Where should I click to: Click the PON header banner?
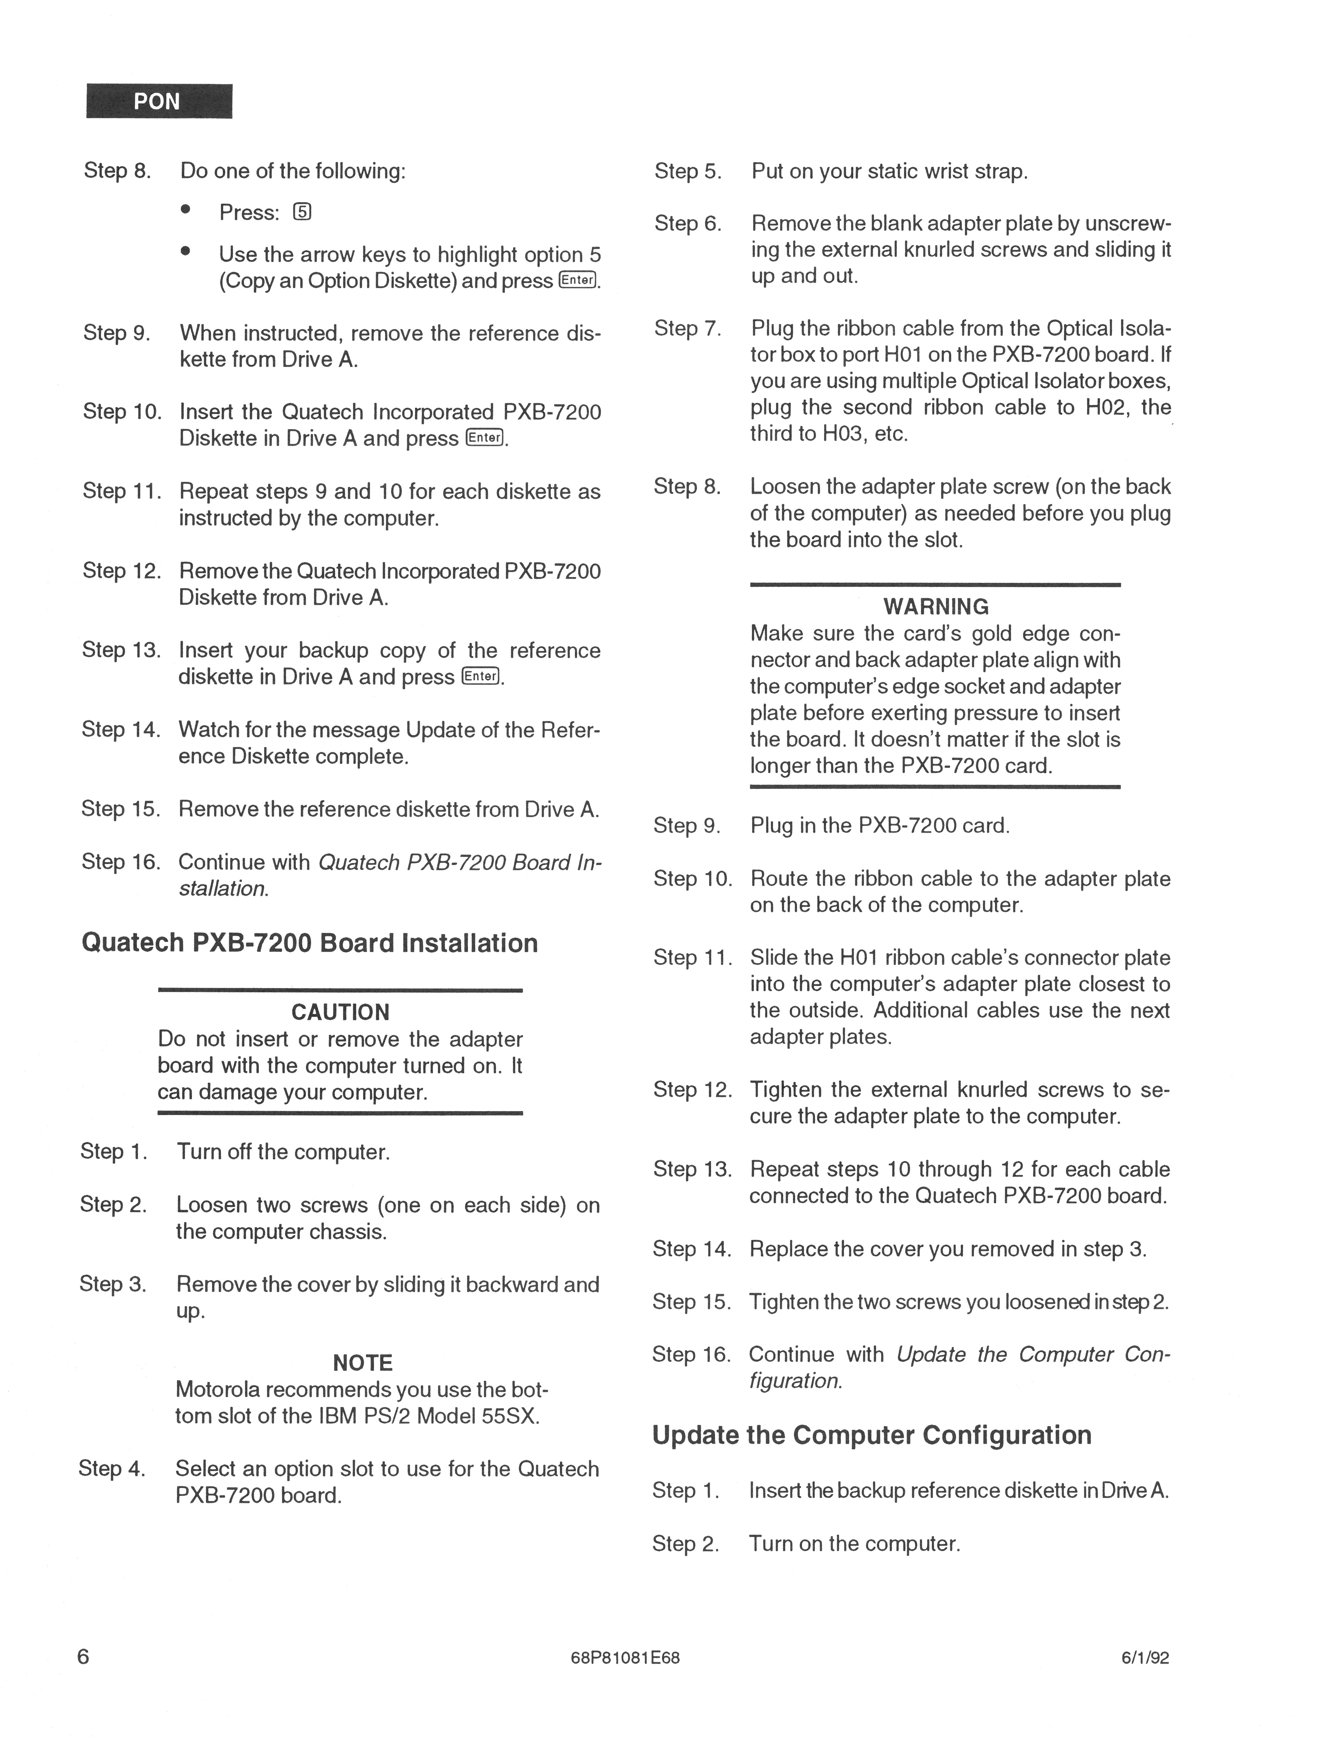coord(159,101)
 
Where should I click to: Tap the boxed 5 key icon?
coord(302,213)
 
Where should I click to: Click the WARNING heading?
coord(935,607)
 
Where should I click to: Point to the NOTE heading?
coord(363,1362)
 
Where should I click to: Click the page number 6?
coord(83,1656)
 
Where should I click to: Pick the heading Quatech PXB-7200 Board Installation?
coord(310,943)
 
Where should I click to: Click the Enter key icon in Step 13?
coord(481,676)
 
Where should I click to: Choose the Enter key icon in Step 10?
coord(484,438)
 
